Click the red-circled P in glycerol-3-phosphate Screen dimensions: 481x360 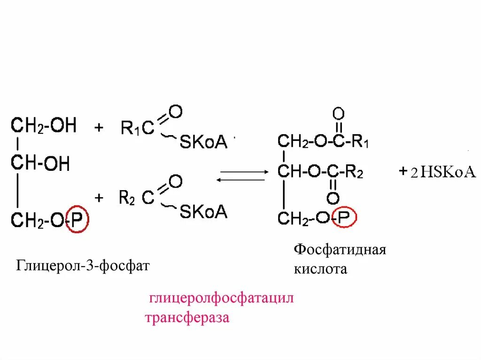point(77,219)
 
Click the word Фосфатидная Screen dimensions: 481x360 point(340,249)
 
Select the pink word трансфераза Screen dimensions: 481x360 point(187,318)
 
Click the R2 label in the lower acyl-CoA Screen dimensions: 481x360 point(127,198)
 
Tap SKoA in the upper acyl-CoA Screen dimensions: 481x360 point(203,142)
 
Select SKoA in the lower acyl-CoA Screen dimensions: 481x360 point(203,212)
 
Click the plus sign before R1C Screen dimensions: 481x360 point(99,128)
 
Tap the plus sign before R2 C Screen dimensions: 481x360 point(99,198)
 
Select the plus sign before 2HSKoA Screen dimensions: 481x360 point(403,172)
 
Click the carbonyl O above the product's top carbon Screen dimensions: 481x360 point(338,113)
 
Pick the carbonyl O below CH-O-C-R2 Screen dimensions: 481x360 point(333,199)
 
